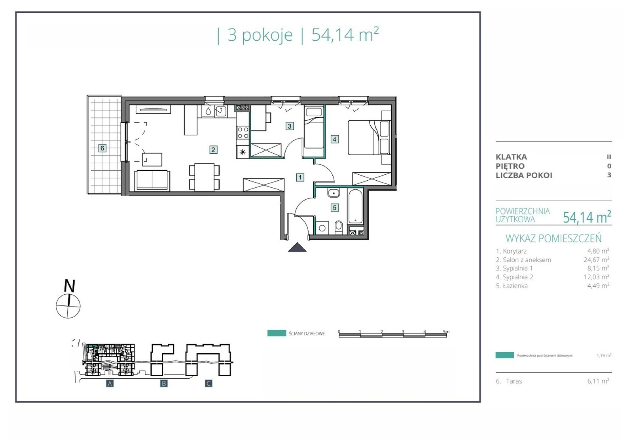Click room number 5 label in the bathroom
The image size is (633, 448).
point(335,208)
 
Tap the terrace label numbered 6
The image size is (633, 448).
point(102,148)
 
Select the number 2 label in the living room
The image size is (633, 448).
point(213,150)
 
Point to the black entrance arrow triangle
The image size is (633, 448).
point(297,247)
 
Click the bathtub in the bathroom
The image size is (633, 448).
point(356,206)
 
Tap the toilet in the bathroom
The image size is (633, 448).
point(338,228)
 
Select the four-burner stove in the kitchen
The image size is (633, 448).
point(243,133)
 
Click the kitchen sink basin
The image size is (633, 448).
point(221,111)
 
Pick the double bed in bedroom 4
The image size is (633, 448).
point(370,137)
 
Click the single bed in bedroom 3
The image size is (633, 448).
point(314,128)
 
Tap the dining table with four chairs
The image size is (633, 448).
point(204,177)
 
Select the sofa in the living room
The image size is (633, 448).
point(152,180)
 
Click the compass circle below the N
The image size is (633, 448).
point(68,306)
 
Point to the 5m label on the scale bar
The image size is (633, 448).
point(446,332)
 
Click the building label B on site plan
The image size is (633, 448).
point(164,383)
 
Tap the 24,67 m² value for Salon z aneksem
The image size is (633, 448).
point(596,259)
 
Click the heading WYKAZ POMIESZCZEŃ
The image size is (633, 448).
point(553,238)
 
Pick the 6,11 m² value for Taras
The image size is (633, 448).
point(598,381)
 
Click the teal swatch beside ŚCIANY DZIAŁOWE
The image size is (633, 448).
point(277,334)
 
